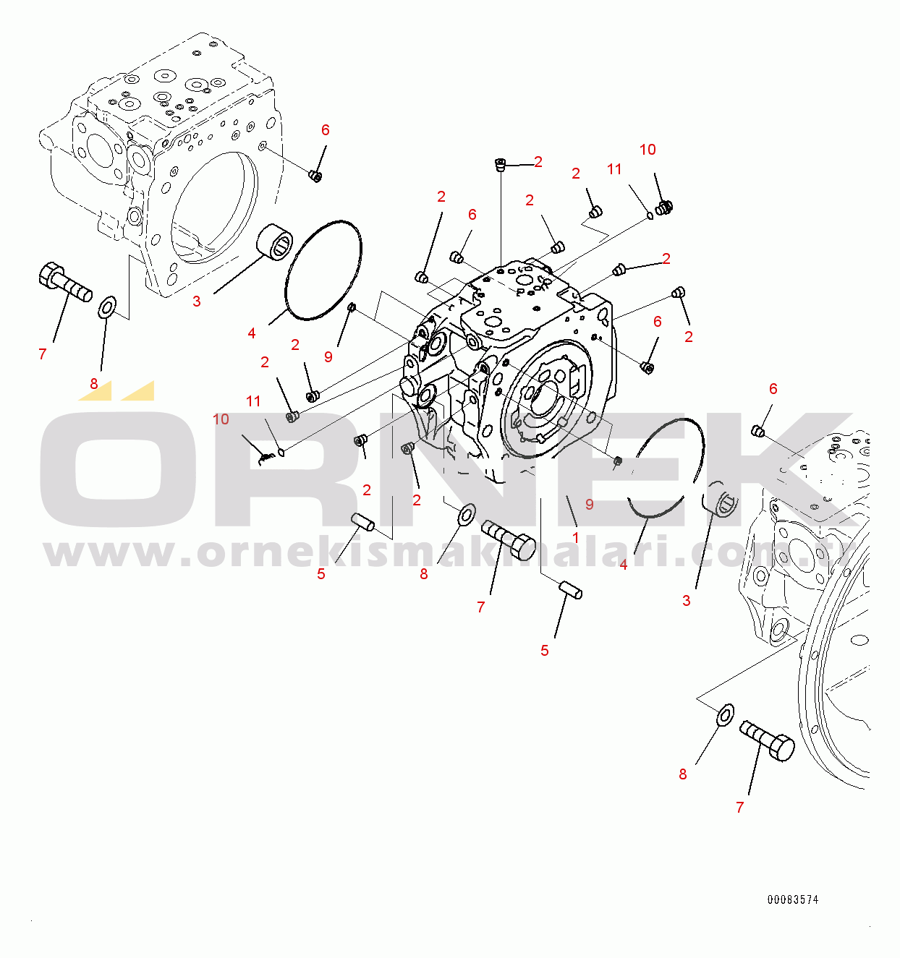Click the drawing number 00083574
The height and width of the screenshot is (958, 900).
(x=793, y=899)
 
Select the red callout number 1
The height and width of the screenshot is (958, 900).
(x=576, y=537)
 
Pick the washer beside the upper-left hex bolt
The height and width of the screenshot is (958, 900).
(x=106, y=307)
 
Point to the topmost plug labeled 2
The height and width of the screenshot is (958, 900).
(x=500, y=165)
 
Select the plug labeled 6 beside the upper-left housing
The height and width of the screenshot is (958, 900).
(x=315, y=176)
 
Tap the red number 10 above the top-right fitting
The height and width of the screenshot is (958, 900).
(x=648, y=150)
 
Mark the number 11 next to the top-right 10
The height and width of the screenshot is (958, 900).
(x=614, y=169)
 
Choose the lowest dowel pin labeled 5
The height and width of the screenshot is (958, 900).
(x=570, y=591)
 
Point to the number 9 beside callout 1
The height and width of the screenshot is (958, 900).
(x=589, y=504)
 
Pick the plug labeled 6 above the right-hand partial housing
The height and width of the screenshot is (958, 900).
(x=759, y=431)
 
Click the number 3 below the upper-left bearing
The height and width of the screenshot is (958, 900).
(x=197, y=301)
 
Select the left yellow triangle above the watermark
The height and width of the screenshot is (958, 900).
(x=95, y=390)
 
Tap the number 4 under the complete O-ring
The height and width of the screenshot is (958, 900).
(x=252, y=333)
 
